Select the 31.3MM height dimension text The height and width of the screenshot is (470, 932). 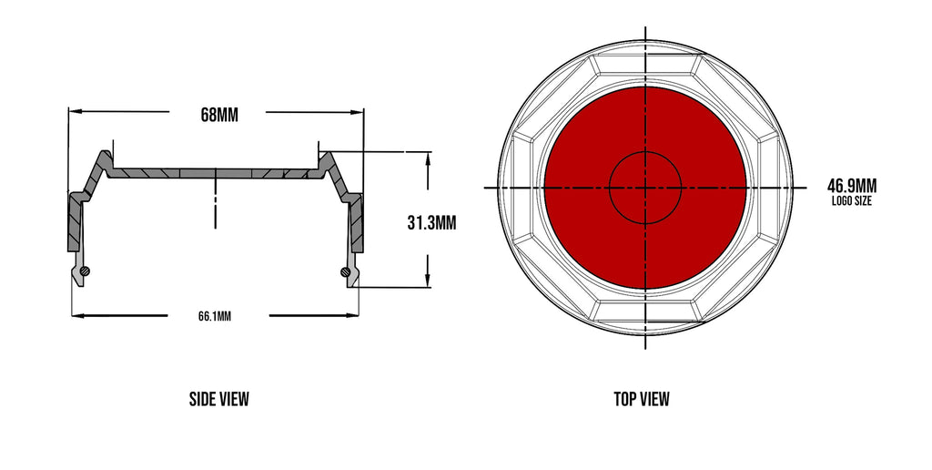(431, 221)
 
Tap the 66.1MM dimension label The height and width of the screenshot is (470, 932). (215, 317)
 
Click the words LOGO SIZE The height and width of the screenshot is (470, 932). (851, 201)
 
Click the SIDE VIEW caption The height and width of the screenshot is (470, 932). (218, 399)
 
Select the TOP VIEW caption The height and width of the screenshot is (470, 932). (642, 399)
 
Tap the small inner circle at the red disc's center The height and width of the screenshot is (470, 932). (645, 187)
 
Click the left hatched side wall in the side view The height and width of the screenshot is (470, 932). (73, 223)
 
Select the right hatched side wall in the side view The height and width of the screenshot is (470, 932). (358, 223)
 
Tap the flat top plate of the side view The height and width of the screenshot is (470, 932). (215, 172)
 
